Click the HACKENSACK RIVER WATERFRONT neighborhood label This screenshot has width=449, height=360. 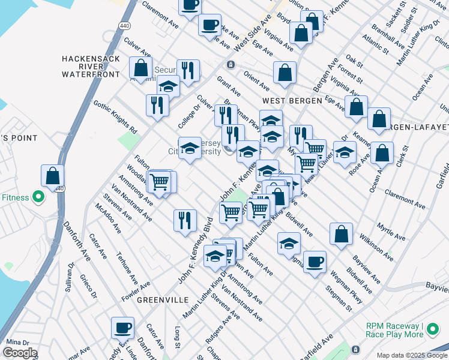[x=91, y=67]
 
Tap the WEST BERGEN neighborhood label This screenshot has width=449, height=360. [x=292, y=101]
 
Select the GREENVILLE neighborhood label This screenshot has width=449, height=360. [x=162, y=299]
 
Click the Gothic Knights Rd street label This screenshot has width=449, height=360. [x=116, y=116]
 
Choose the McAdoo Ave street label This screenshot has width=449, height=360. [x=107, y=218]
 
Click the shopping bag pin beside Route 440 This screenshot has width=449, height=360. [x=53, y=176]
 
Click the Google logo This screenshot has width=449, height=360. [x=20, y=352]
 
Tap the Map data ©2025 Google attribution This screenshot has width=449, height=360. [x=412, y=355]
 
